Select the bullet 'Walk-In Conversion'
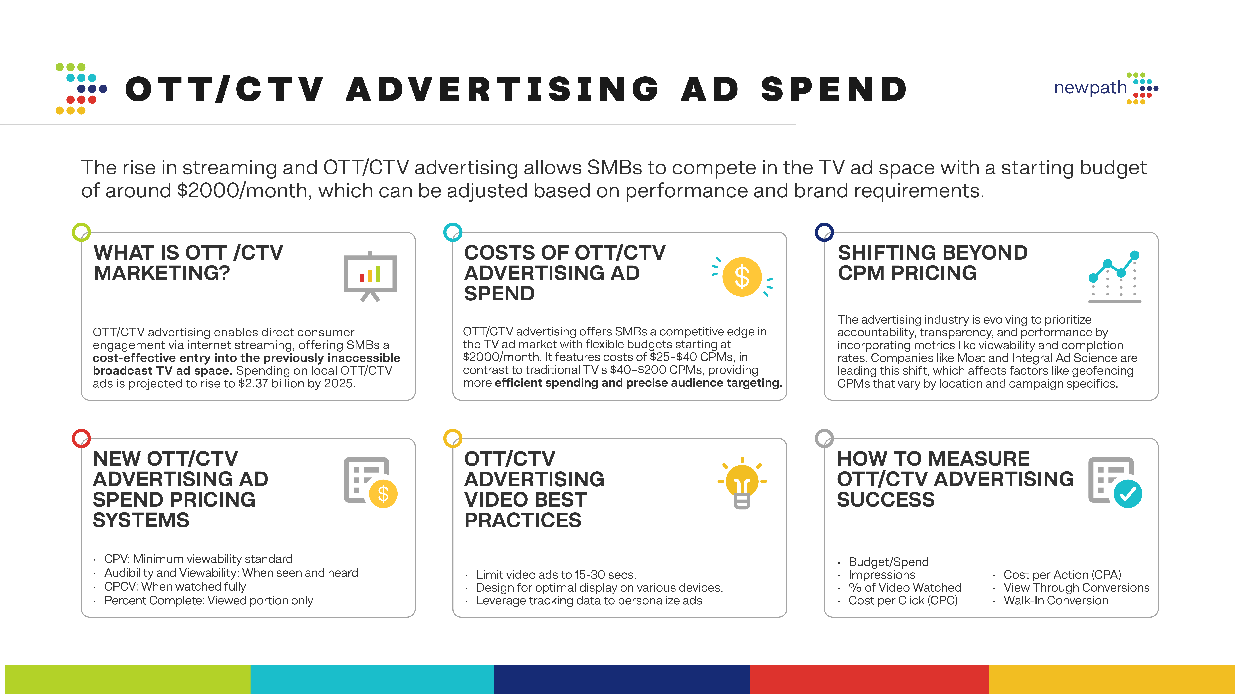click(x=1056, y=601)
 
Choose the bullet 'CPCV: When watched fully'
click(x=175, y=587)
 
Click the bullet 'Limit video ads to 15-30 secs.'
click(x=556, y=575)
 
